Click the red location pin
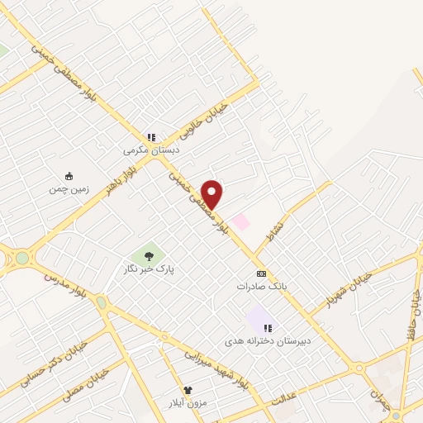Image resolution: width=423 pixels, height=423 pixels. tap(212, 193)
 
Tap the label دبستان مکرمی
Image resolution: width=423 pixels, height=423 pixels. tap(151, 150)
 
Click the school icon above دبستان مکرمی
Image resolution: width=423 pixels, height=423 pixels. tap(151, 137)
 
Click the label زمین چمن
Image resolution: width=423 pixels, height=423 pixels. tap(68, 188)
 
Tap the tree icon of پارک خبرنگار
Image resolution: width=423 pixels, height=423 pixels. tap(149, 256)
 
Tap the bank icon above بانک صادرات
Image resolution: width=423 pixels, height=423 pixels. tap(262, 273)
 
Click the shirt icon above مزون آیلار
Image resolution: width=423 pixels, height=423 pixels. tap(188, 389)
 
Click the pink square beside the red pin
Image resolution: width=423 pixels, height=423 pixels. tap(240, 221)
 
